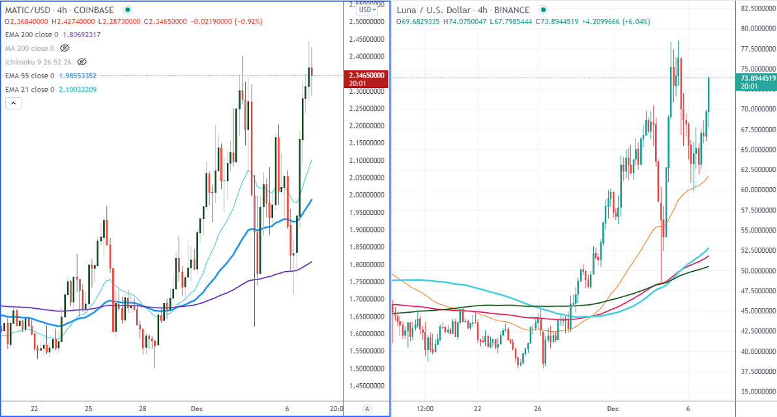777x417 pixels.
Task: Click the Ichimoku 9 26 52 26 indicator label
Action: [x=38, y=62]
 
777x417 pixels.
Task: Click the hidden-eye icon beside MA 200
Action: [x=65, y=48]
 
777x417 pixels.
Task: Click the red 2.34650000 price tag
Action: [x=365, y=76]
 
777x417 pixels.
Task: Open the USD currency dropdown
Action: [x=366, y=10]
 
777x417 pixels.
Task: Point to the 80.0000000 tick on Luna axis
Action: [x=756, y=29]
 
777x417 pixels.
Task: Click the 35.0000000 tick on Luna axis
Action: [x=756, y=392]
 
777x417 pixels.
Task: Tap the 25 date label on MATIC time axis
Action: [x=89, y=409]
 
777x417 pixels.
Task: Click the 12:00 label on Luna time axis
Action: [x=424, y=409]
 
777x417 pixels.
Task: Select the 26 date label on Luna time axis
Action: [x=538, y=409]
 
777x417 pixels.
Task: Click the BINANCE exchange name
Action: [x=512, y=10]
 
